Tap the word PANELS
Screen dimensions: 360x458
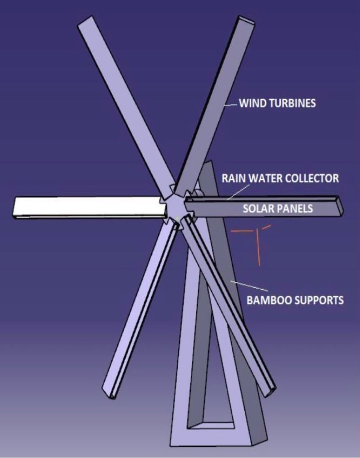click(295, 209)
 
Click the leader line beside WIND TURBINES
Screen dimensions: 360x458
click(230, 104)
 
